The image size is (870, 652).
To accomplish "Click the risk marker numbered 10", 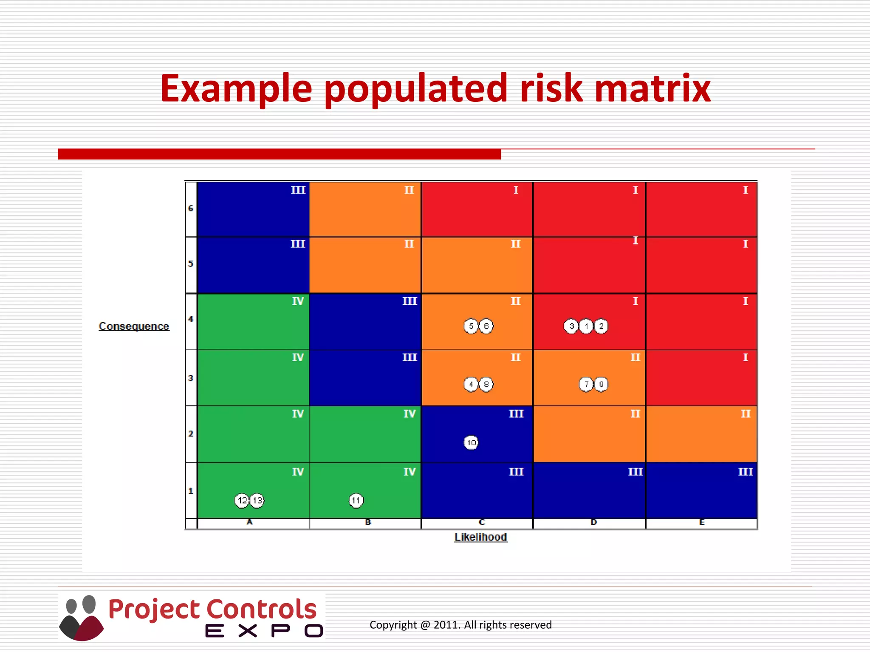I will pos(471,443).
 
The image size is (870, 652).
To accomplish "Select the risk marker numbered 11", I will pos(356,500).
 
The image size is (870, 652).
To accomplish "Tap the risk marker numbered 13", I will pos(257,500).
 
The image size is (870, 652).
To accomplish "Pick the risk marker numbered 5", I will pos(471,326).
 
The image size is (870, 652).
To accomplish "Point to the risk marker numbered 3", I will pos(571,326).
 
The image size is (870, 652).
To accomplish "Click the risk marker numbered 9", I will pos(601,384).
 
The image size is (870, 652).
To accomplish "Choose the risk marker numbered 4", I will pos(471,384).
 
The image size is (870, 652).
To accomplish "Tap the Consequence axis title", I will pos(134,326).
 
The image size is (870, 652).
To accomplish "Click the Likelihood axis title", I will pos(480,537).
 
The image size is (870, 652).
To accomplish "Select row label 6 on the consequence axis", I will pos(191,208).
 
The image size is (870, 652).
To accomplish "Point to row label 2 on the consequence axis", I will pos(191,434).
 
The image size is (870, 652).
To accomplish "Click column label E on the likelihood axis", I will pos(702,523).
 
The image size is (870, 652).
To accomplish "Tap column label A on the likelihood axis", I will pos(250,522).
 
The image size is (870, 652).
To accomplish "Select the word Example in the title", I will pos(236,89).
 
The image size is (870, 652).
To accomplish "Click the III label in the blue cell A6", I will pos(298,190).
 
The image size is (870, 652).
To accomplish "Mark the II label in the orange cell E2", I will pos(746,414).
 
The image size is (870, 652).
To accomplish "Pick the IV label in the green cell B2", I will pos(410,414).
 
